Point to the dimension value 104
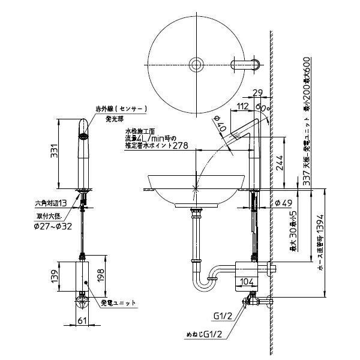247,281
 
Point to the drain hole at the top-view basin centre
196,64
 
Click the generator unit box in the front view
82,276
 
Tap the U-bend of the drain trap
201,285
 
